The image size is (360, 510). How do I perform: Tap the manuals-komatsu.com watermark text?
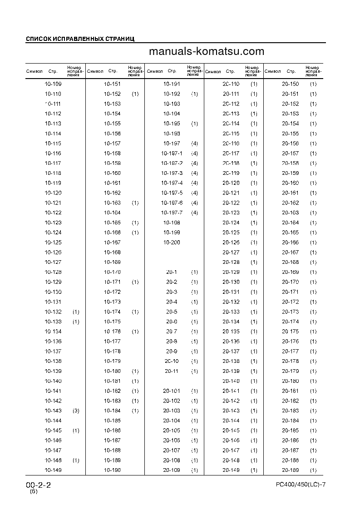206,52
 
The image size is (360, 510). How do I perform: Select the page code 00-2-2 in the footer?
39,485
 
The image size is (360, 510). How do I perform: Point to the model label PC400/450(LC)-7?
301,485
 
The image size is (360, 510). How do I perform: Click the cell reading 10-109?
53,84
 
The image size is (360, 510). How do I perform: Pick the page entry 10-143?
53,411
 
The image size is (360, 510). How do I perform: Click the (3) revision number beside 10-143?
76,411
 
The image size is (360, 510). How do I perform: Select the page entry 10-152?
112,94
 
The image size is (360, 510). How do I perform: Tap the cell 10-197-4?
172,183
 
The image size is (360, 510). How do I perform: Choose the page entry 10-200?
172,243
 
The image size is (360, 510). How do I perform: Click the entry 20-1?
172,272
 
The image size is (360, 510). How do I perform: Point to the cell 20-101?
172,391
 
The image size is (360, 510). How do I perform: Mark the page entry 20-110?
231,84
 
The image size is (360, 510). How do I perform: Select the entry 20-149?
231,470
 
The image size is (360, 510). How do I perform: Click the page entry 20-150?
290,84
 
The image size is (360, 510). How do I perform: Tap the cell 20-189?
290,470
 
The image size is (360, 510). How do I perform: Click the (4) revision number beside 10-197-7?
194,213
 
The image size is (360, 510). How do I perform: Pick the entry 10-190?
112,470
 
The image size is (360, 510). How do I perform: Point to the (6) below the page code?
34,492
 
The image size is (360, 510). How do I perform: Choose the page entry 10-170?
112,272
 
